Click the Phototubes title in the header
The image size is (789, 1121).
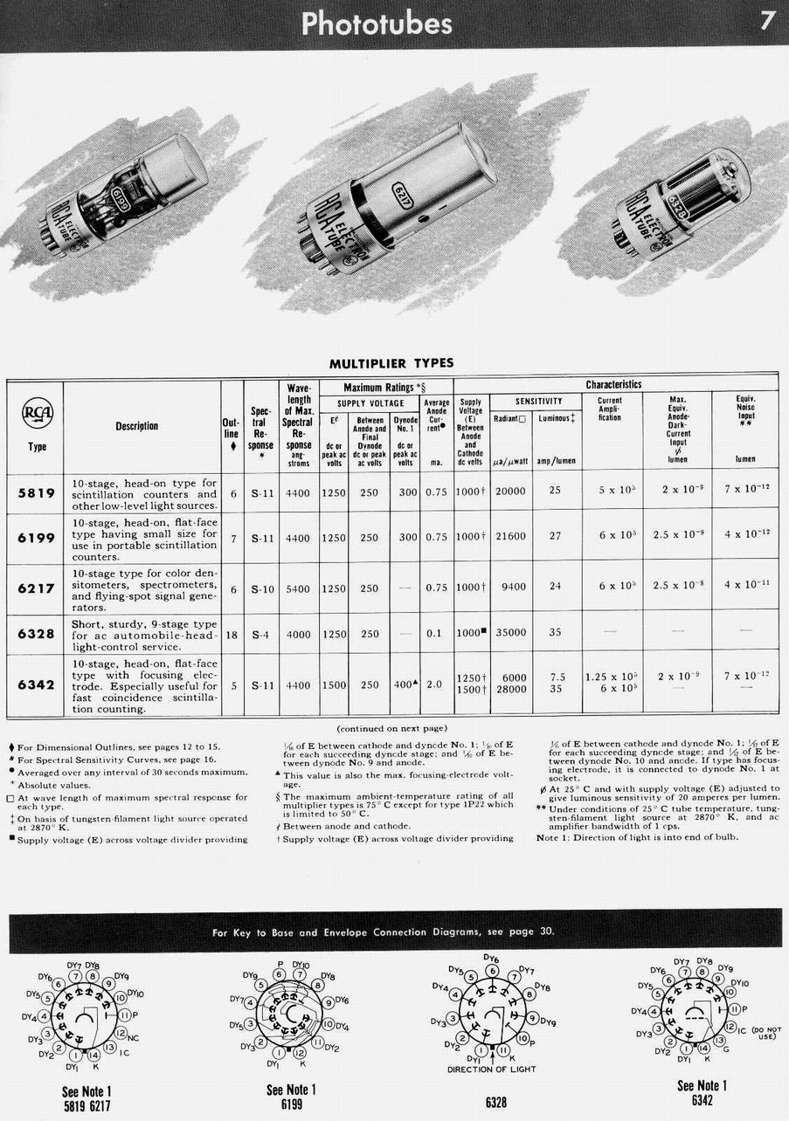[377, 23]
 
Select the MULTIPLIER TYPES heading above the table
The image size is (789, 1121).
[391, 363]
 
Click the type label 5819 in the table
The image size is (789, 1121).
[35, 493]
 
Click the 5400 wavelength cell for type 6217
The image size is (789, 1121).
[298, 589]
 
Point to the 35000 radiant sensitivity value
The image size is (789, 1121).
[510, 633]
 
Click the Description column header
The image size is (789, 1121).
[137, 426]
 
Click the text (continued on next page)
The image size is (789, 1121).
[391, 727]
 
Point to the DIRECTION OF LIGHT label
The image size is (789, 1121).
[491, 1069]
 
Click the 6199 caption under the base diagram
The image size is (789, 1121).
[291, 1104]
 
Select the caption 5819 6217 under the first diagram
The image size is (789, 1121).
[87, 1106]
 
